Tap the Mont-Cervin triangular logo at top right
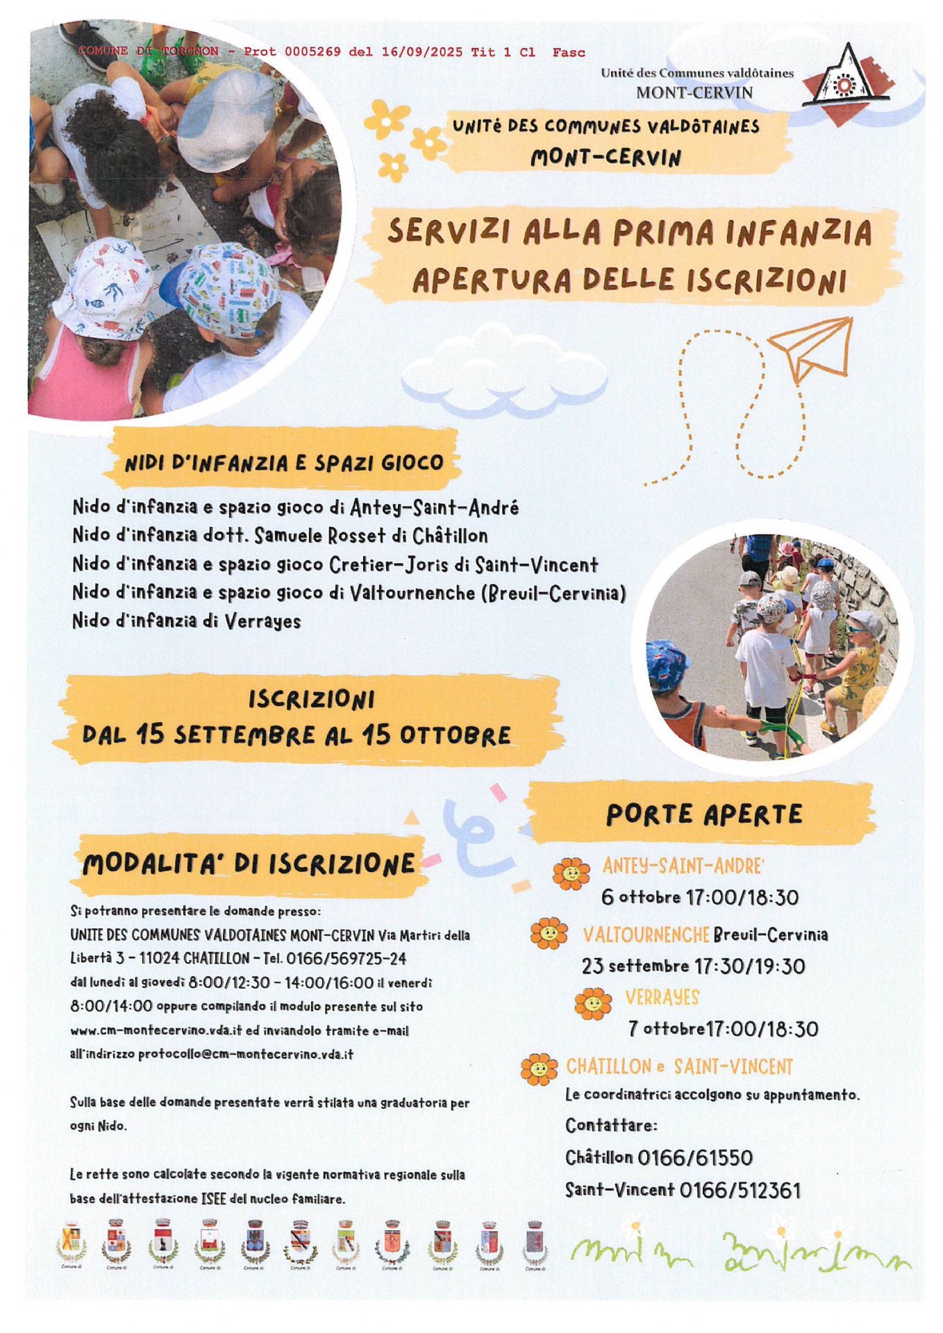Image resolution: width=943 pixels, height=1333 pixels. tap(846, 81)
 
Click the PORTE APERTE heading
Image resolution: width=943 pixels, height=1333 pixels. tap(703, 814)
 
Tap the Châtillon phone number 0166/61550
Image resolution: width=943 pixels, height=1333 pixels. tap(694, 1157)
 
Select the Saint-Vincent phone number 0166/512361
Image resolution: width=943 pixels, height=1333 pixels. tap(740, 1190)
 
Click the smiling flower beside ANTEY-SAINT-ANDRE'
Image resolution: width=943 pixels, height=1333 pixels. tap(571, 873)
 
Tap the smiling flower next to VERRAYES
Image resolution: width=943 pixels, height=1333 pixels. tap(593, 1003)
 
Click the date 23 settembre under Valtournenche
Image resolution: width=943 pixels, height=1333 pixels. tap(635, 966)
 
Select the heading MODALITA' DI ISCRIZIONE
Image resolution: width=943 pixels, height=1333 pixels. tap(248, 864)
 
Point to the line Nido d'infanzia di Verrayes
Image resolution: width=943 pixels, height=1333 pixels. tap(186, 621)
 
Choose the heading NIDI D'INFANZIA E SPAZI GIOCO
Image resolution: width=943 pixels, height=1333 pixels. tap(283, 462)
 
